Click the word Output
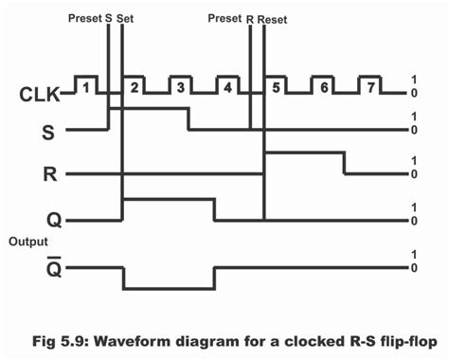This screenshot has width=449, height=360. pyautogui.click(x=28, y=242)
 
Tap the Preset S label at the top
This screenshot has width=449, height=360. pyautogui.click(x=90, y=17)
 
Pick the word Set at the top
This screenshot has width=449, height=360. pyautogui.click(x=125, y=17)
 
